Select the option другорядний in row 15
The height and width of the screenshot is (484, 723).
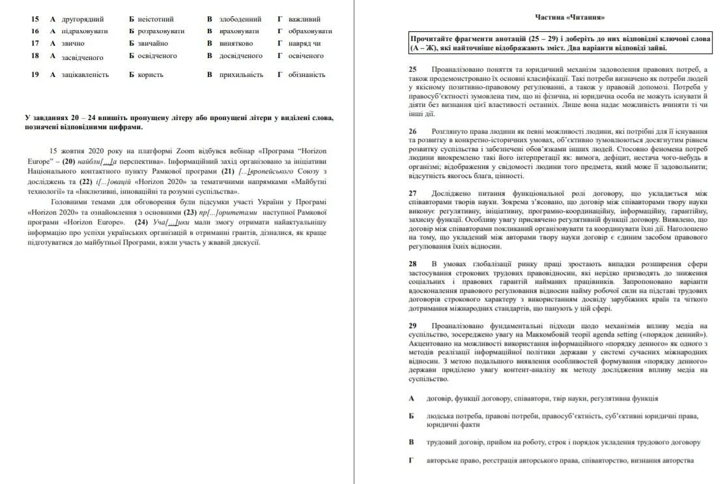83,19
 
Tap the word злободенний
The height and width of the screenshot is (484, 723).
240,19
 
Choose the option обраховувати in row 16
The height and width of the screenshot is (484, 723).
310,31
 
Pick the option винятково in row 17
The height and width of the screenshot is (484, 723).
236,43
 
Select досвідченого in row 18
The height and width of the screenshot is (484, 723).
241,55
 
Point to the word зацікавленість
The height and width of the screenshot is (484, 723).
85,74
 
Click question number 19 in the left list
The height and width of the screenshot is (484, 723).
35,74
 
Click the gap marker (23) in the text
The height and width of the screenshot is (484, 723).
190,213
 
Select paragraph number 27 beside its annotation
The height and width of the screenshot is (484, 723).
413,194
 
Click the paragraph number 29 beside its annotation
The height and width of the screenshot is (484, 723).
413,325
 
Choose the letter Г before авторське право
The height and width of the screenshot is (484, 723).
412,461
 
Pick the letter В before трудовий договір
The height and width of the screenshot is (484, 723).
412,442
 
